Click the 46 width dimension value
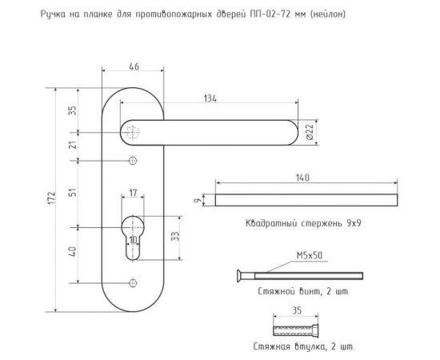[134, 66]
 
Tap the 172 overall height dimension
[52, 198]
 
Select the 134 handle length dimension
[210, 98]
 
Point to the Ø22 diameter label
[310, 133]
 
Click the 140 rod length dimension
[302, 178]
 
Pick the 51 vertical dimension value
[73, 193]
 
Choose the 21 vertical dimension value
[73, 145]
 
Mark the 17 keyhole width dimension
[133, 193]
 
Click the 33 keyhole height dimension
[175, 236]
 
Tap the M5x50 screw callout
[310, 255]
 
